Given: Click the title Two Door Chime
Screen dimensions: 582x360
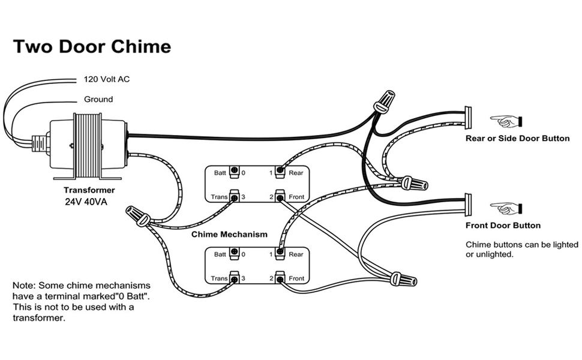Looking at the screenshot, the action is tap(92, 46).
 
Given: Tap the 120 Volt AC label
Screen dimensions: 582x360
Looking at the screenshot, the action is tap(107, 79).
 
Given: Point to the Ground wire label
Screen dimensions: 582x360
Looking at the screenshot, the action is tap(98, 99).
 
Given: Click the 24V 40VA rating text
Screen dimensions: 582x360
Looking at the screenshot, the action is tap(86, 202).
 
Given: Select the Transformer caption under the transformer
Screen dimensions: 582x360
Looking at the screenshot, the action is tap(89, 190).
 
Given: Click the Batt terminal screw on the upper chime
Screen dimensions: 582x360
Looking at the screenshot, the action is tap(234, 171).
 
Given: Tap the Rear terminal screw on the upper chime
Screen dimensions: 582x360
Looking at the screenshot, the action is tap(280, 171).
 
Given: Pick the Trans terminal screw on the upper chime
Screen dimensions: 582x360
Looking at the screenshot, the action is tap(234, 196).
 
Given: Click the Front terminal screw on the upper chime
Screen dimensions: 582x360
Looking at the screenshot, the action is tap(280, 196).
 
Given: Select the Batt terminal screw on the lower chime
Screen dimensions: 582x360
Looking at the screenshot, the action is tap(234, 253).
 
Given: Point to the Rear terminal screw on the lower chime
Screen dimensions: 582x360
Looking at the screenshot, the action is tap(280, 253).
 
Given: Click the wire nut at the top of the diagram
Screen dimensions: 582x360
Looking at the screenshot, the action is tap(385, 100).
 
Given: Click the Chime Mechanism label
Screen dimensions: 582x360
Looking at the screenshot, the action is tap(229, 234).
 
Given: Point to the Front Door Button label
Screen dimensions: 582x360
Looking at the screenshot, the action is tap(503, 225).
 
